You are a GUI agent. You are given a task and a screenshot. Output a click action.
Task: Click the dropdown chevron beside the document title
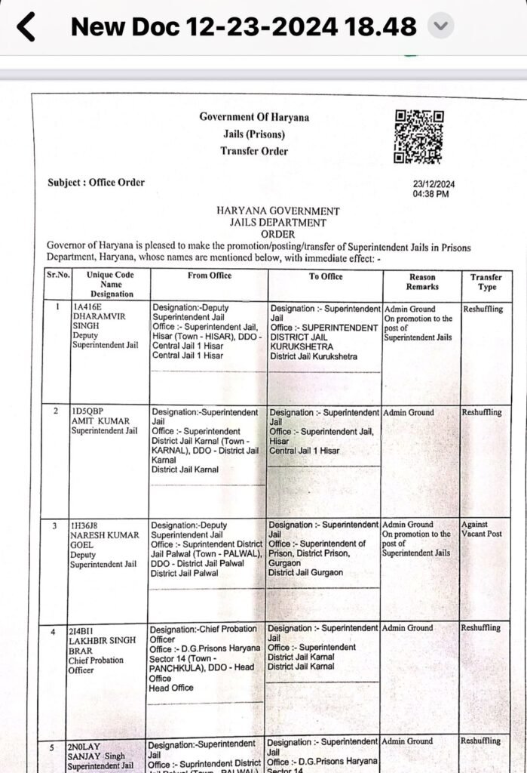tap(440, 27)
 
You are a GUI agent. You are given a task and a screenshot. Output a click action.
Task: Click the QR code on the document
tap(418, 137)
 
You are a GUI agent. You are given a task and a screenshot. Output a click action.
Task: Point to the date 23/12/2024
tap(434, 184)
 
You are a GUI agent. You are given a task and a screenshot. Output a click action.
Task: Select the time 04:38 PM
tap(430, 194)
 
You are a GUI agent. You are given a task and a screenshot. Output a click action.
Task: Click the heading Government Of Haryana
tap(254, 117)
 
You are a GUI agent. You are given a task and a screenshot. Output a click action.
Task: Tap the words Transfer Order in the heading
tap(254, 151)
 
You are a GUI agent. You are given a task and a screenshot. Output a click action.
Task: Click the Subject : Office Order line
tap(96, 182)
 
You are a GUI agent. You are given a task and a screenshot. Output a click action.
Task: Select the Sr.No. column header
tap(57, 276)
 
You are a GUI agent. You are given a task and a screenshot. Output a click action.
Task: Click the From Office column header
tap(209, 276)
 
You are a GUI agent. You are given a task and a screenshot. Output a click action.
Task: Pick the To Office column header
tap(325, 276)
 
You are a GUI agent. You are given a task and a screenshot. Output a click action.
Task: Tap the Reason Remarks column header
tap(421, 282)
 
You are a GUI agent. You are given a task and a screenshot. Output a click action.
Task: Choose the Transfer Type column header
tap(486, 282)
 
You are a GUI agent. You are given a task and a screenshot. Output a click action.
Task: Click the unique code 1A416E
tap(87, 308)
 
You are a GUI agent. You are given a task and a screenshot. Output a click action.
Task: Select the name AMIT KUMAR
tap(100, 421)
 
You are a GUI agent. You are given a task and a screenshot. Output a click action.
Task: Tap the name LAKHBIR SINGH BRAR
tap(103, 645)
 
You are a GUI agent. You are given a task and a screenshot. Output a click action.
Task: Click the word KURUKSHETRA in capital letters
tap(301, 346)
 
